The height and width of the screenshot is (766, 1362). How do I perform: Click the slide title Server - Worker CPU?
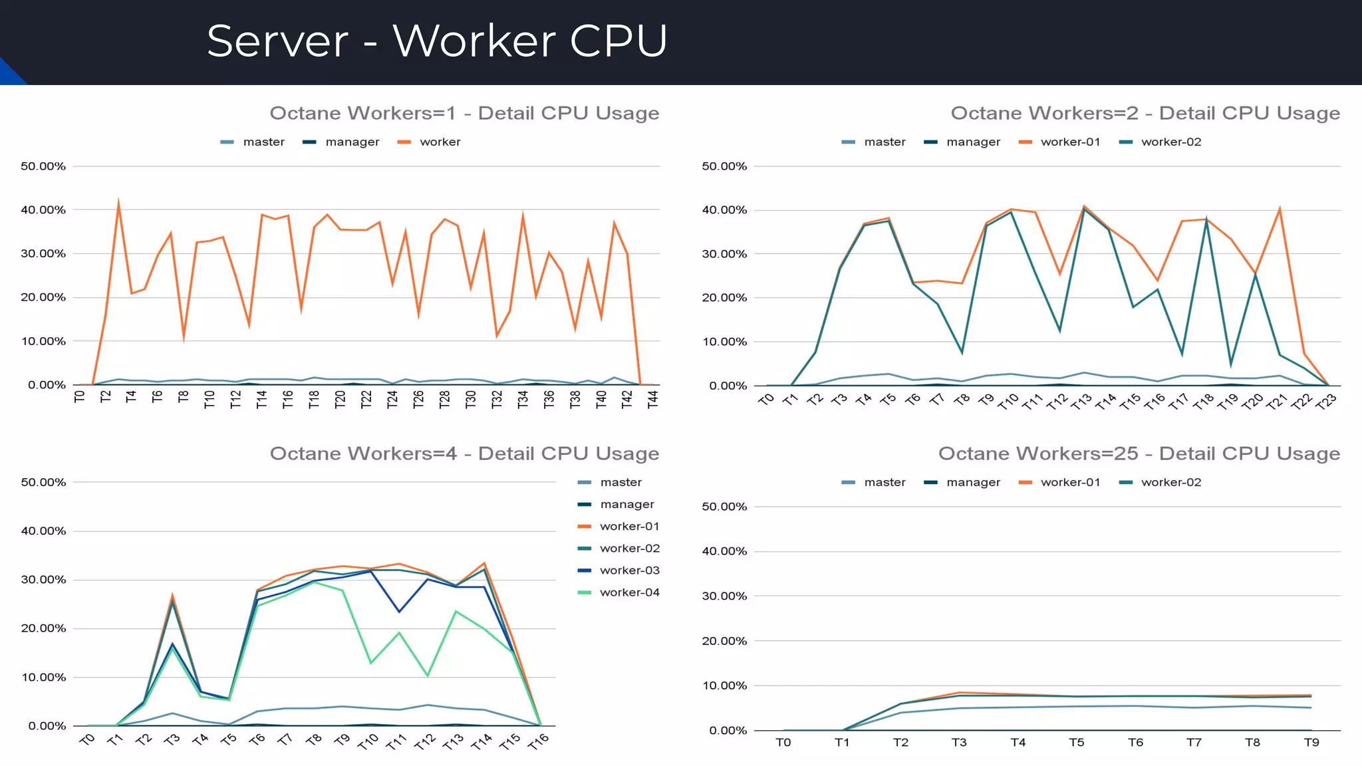(436, 41)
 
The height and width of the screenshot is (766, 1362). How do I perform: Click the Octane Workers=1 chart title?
(464, 113)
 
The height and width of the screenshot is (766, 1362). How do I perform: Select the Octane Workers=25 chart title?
(1139, 453)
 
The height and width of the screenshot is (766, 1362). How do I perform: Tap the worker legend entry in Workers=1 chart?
(440, 142)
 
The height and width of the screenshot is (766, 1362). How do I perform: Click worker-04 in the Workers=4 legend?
(629, 592)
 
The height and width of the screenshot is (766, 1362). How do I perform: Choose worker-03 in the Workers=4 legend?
(629, 571)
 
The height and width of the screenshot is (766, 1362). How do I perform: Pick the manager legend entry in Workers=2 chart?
(973, 142)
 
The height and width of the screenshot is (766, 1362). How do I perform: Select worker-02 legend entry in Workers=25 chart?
(1170, 482)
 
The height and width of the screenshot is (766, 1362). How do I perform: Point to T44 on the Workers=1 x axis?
(653, 399)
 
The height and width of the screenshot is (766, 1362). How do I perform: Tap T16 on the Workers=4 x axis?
(538, 741)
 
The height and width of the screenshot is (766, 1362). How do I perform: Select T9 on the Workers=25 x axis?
(1311, 742)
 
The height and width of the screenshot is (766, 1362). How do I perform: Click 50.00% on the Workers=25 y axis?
(724, 507)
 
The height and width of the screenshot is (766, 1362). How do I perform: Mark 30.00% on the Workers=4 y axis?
(43, 580)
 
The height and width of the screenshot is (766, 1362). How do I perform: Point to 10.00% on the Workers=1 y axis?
(43, 341)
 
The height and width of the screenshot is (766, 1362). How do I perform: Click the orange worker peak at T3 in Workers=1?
(118, 201)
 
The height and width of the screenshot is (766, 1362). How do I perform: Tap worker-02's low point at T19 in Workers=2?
(1231, 364)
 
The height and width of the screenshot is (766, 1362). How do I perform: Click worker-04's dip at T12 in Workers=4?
(428, 676)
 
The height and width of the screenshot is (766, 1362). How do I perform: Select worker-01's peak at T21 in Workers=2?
(1280, 209)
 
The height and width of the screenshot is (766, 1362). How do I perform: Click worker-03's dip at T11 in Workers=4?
(399, 612)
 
